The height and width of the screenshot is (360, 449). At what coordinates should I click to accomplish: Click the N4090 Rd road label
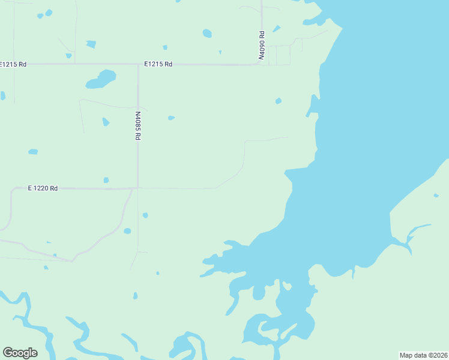click(262, 45)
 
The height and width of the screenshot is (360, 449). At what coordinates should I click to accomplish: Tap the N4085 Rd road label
click(137, 125)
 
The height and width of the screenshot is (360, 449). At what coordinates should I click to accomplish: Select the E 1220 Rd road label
click(43, 188)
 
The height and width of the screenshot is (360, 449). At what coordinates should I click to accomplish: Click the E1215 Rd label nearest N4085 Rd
click(158, 64)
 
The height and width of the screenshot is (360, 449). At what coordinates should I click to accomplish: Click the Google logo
click(20, 353)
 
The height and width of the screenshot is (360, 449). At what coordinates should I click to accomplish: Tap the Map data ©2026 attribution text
click(423, 355)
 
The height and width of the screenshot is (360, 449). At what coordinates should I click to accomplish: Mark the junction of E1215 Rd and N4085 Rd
click(138, 64)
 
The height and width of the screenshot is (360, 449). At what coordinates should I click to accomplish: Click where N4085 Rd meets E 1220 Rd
click(137, 188)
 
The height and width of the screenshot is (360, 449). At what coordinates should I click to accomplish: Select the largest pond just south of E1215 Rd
click(101, 79)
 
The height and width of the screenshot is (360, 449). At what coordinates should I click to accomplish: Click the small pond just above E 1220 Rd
click(106, 180)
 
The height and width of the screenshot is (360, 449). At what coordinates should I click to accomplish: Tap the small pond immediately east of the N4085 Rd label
click(171, 118)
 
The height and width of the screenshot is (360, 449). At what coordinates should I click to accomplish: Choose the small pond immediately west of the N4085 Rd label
click(106, 122)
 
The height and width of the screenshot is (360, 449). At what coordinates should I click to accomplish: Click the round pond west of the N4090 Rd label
click(207, 33)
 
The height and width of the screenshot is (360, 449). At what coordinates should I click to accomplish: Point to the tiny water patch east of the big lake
click(436, 195)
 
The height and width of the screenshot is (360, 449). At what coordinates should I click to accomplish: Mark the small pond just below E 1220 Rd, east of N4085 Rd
click(145, 215)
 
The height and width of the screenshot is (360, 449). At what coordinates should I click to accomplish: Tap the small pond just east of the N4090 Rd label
click(276, 29)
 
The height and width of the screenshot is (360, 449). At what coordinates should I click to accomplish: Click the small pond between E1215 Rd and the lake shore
click(278, 101)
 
